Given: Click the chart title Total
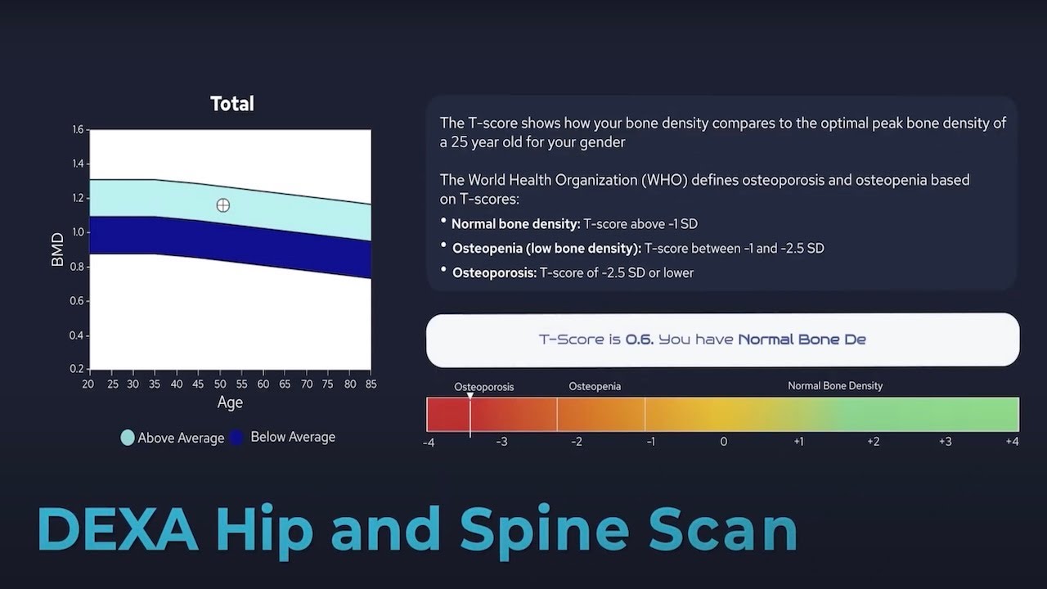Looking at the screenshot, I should coord(232,104).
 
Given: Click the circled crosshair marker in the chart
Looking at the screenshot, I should coord(223,205).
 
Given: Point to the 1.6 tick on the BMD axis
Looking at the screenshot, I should coord(78,129).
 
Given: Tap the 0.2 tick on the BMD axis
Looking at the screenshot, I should coord(78,369).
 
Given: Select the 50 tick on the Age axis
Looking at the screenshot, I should coord(220,384).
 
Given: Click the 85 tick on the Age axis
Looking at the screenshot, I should coord(371,384).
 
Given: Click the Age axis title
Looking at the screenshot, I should coord(230,402).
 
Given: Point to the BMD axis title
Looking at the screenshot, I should coord(58,250).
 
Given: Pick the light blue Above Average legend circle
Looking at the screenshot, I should coord(128,438).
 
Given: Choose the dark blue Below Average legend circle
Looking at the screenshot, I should coord(237,438).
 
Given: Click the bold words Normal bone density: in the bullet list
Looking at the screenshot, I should coord(515,223).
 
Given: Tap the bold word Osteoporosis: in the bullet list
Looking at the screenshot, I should coord(494,272).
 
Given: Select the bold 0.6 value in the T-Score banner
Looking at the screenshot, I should coord(639,339).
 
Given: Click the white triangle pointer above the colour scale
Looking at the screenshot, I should coord(470,396).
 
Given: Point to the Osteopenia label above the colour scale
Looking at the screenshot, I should coord(595,386).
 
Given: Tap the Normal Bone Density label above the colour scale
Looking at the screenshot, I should coord(835,385).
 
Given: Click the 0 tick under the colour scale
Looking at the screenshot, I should coord(724,442).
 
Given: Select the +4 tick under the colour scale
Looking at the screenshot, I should coord(1012,442).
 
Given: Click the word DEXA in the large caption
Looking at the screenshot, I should coord(118,530).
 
